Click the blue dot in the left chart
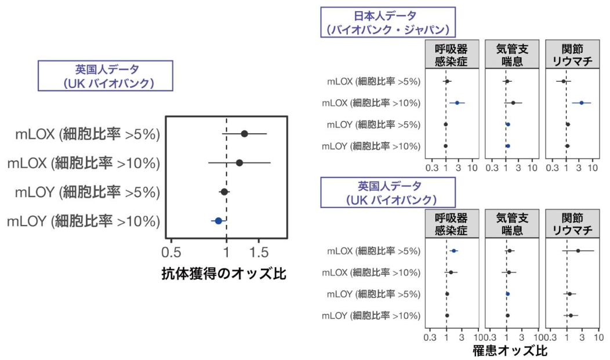[218, 220]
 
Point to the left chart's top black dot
[244, 134]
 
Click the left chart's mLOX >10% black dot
[239, 163]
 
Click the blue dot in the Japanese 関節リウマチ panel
[581, 103]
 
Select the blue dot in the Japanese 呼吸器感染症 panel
[457, 103]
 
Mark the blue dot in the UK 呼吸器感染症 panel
[454, 251]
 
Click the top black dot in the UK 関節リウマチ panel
[578, 251]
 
